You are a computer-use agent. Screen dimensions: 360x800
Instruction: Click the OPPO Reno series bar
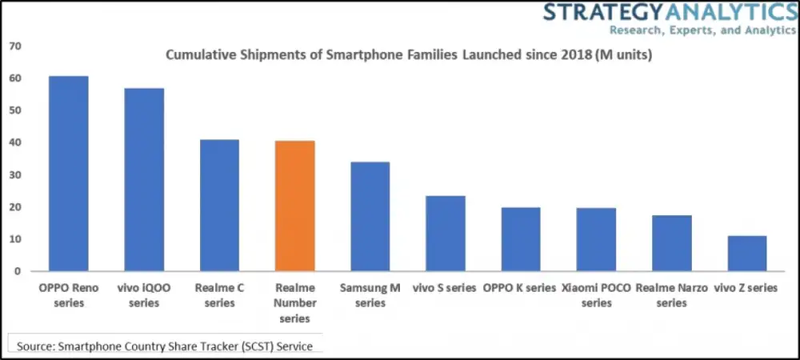click(68, 174)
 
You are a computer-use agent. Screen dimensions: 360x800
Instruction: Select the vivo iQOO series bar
click(144, 180)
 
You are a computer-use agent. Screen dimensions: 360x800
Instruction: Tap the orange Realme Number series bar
click(294, 206)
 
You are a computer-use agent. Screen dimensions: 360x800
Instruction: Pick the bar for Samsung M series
click(370, 217)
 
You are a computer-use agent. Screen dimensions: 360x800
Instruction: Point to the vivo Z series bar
click(747, 254)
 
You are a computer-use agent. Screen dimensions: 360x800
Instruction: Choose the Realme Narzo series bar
click(672, 243)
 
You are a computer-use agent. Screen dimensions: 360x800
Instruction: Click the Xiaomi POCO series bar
click(596, 240)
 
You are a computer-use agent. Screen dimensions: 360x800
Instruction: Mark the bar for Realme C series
click(219, 206)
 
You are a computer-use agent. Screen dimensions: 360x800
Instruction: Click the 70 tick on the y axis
click(14, 46)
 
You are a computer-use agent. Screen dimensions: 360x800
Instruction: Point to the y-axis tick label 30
click(14, 175)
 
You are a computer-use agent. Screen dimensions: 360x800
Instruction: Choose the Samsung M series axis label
click(370, 295)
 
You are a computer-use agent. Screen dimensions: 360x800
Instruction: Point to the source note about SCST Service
click(165, 346)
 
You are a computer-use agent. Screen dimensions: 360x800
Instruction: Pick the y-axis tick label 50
click(14, 110)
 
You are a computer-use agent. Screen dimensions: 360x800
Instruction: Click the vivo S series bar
click(446, 234)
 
